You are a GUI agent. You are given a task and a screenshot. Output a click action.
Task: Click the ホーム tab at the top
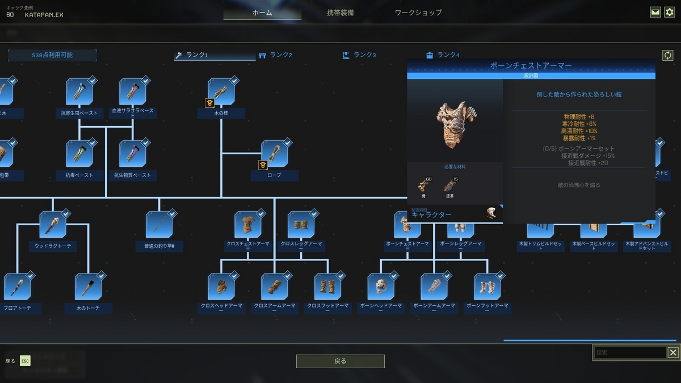(x=262, y=12)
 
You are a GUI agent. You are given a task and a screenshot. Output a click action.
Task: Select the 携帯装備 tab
(x=340, y=12)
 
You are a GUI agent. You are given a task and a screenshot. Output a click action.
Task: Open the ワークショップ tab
(x=418, y=12)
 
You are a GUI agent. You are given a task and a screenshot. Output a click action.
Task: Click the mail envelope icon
(x=655, y=12)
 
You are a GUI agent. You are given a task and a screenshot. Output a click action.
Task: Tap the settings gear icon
(x=670, y=12)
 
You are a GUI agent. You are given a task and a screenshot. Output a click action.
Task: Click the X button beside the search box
(x=672, y=353)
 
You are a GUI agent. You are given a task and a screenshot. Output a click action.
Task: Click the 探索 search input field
(x=630, y=353)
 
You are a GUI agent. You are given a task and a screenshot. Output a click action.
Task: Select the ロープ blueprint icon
(x=275, y=154)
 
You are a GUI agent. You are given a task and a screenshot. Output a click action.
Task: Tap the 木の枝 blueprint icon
(x=221, y=92)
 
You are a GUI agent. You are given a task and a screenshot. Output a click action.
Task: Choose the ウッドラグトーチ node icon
(x=53, y=225)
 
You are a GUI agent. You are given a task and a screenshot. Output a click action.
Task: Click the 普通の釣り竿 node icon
(x=159, y=225)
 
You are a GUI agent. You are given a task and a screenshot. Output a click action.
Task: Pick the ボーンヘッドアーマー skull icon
(x=381, y=287)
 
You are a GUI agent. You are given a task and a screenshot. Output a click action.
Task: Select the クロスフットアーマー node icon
(x=327, y=287)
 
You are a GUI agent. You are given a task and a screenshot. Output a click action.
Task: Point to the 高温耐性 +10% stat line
(x=579, y=131)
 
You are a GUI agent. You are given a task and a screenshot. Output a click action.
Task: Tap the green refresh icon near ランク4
(x=667, y=56)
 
